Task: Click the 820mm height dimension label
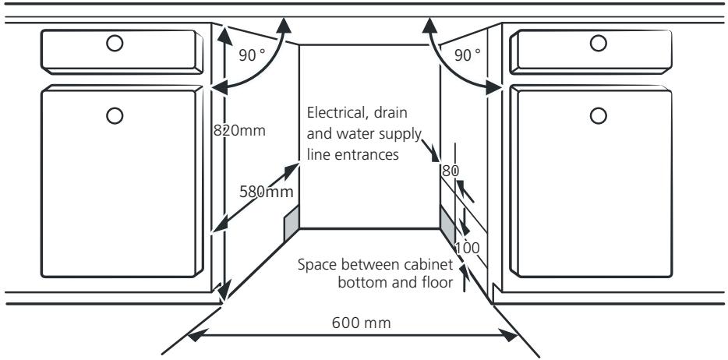(x=241, y=131)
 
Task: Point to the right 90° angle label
(x=468, y=55)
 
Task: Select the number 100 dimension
(x=467, y=248)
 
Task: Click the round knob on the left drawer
(x=115, y=44)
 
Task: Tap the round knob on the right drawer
(x=599, y=44)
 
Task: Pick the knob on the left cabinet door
(x=115, y=115)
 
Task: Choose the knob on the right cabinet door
(x=599, y=115)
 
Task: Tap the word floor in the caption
(x=436, y=281)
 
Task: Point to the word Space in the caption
(x=315, y=264)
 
